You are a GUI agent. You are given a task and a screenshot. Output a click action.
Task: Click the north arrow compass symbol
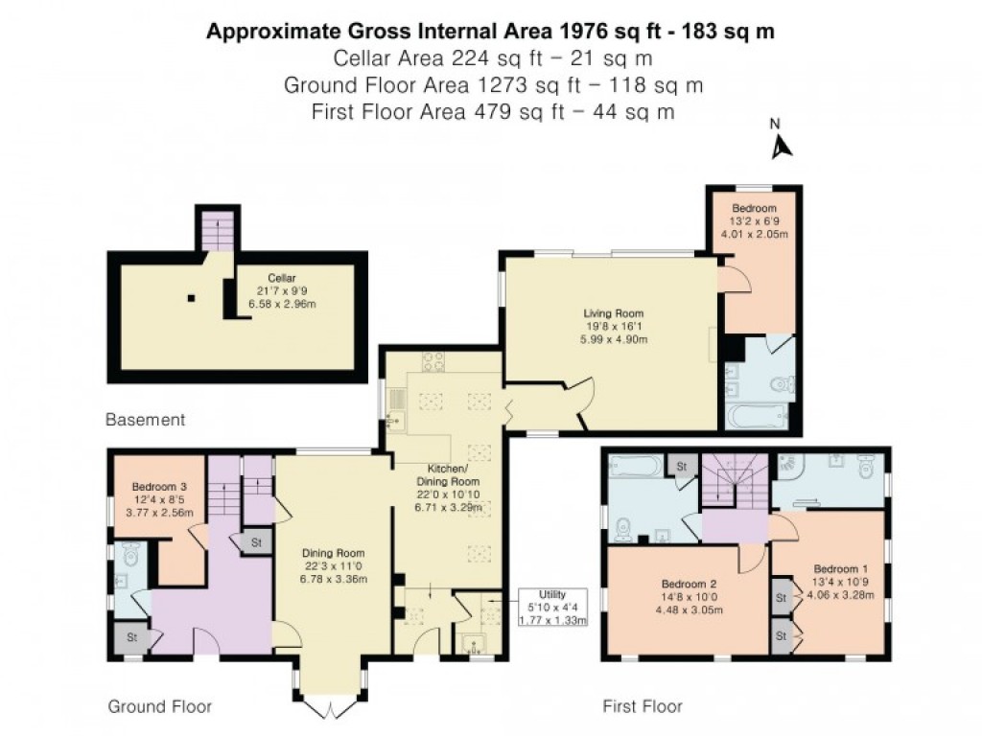coord(782,144)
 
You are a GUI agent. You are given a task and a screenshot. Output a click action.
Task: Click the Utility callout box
coord(552,608)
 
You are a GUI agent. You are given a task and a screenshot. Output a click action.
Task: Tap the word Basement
coord(145,420)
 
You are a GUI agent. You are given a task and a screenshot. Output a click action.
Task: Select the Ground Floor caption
coord(159,706)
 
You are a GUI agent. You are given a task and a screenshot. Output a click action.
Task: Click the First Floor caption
coord(643,706)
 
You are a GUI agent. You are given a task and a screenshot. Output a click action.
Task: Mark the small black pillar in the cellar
coord(192,298)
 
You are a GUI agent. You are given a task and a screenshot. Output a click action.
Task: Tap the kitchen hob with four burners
coord(433,362)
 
